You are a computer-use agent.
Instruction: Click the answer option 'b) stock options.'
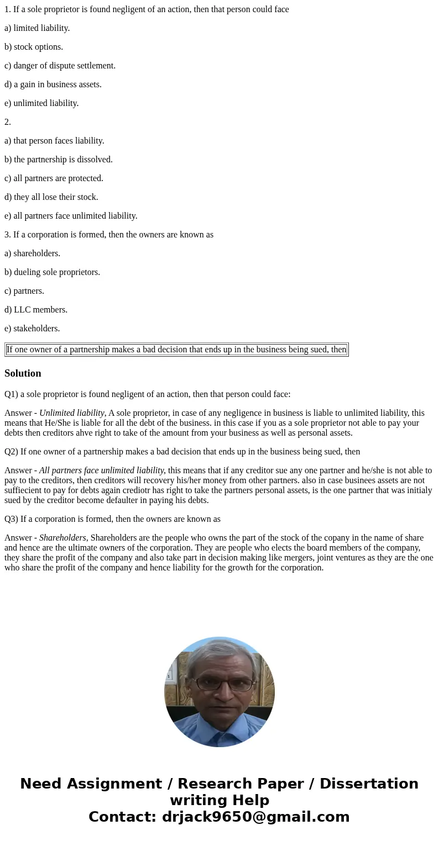[34, 47]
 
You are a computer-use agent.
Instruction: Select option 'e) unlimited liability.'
[41, 103]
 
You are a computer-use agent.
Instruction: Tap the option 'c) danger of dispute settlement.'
[60, 66]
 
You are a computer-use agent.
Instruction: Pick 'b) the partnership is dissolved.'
[59, 160]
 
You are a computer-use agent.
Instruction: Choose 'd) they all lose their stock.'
[51, 197]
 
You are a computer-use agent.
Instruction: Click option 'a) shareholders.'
[33, 253]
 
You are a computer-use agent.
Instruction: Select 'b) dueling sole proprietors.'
[53, 272]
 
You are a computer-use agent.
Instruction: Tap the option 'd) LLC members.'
[36, 310]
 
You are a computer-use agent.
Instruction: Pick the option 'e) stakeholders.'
[32, 329]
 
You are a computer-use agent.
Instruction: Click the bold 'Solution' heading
[23, 373]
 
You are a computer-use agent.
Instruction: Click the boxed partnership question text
[176, 350]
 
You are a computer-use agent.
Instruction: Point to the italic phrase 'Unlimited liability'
[72, 413]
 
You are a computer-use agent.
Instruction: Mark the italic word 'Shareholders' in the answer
[62, 538]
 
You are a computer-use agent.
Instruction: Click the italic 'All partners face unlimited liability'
[101, 470]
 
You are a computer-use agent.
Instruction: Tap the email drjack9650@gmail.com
[255, 817]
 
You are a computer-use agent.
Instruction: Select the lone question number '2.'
[8, 122]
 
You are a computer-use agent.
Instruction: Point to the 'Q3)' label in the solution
[11, 519]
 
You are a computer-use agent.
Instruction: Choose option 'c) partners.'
[24, 291]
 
